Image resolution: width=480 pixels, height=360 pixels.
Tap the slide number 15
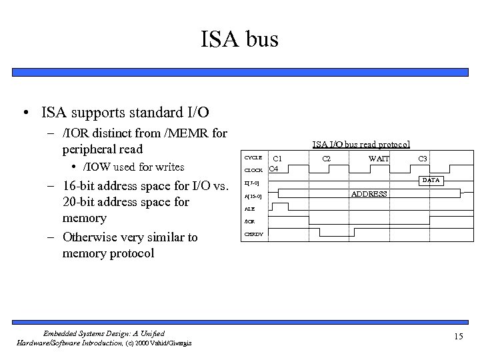tap(457, 336)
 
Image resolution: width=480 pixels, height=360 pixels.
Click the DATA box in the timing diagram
tap(432, 181)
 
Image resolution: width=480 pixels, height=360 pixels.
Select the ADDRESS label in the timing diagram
tap(369, 194)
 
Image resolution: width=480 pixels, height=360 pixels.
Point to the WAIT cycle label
tap(379, 159)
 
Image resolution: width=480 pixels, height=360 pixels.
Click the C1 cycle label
tap(277, 159)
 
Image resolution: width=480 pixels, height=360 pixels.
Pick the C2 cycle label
tap(327, 159)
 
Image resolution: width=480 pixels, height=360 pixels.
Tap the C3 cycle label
tap(422, 159)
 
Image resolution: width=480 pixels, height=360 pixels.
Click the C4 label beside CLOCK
tap(273, 169)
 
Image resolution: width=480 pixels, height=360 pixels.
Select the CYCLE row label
tap(253, 157)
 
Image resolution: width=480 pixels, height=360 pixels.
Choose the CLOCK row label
tap(254, 170)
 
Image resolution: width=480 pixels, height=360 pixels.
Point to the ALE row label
tap(249, 208)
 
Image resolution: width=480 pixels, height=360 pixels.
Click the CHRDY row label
tap(253, 234)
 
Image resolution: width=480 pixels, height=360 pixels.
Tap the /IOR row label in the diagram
tap(250, 221)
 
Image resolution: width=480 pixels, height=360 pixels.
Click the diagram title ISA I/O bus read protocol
tap(361, 143)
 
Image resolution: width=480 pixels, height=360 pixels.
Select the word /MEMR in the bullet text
tap(181, 133)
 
